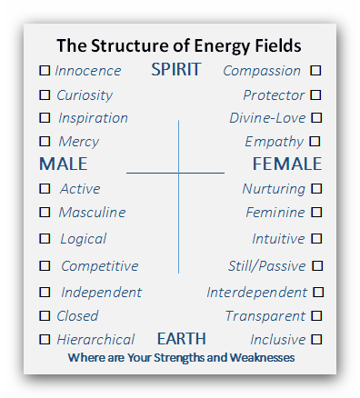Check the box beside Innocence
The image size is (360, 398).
tap(45, 70)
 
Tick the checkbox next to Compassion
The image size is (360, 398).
tap(315, 70)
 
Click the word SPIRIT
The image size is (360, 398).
tap(175, 70)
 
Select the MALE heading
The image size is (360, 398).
tap(63, 164)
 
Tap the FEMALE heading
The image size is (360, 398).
tap(286, 164)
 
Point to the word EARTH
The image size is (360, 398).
tap(181, 339)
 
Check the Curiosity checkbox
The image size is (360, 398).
tap(45, 95)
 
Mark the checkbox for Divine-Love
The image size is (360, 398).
tap(315, 117)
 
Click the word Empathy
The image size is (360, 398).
tap(274, 142)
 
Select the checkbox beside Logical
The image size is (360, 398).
tap(45, 239)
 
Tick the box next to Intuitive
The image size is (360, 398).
tap(315, 238)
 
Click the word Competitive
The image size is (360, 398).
tap(99, 266)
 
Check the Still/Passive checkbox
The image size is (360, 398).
tap(315, 266)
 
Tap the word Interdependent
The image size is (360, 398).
tap(256, 293)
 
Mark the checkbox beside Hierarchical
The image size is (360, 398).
tap(45, 339)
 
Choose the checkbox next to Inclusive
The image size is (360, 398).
tap(315, 339)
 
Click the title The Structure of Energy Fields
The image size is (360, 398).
tap(179, 45)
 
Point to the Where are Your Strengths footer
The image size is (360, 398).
tap(181, 358)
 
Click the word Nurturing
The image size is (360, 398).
tap(273, 189)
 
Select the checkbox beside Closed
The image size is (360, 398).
tap(45, 316)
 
